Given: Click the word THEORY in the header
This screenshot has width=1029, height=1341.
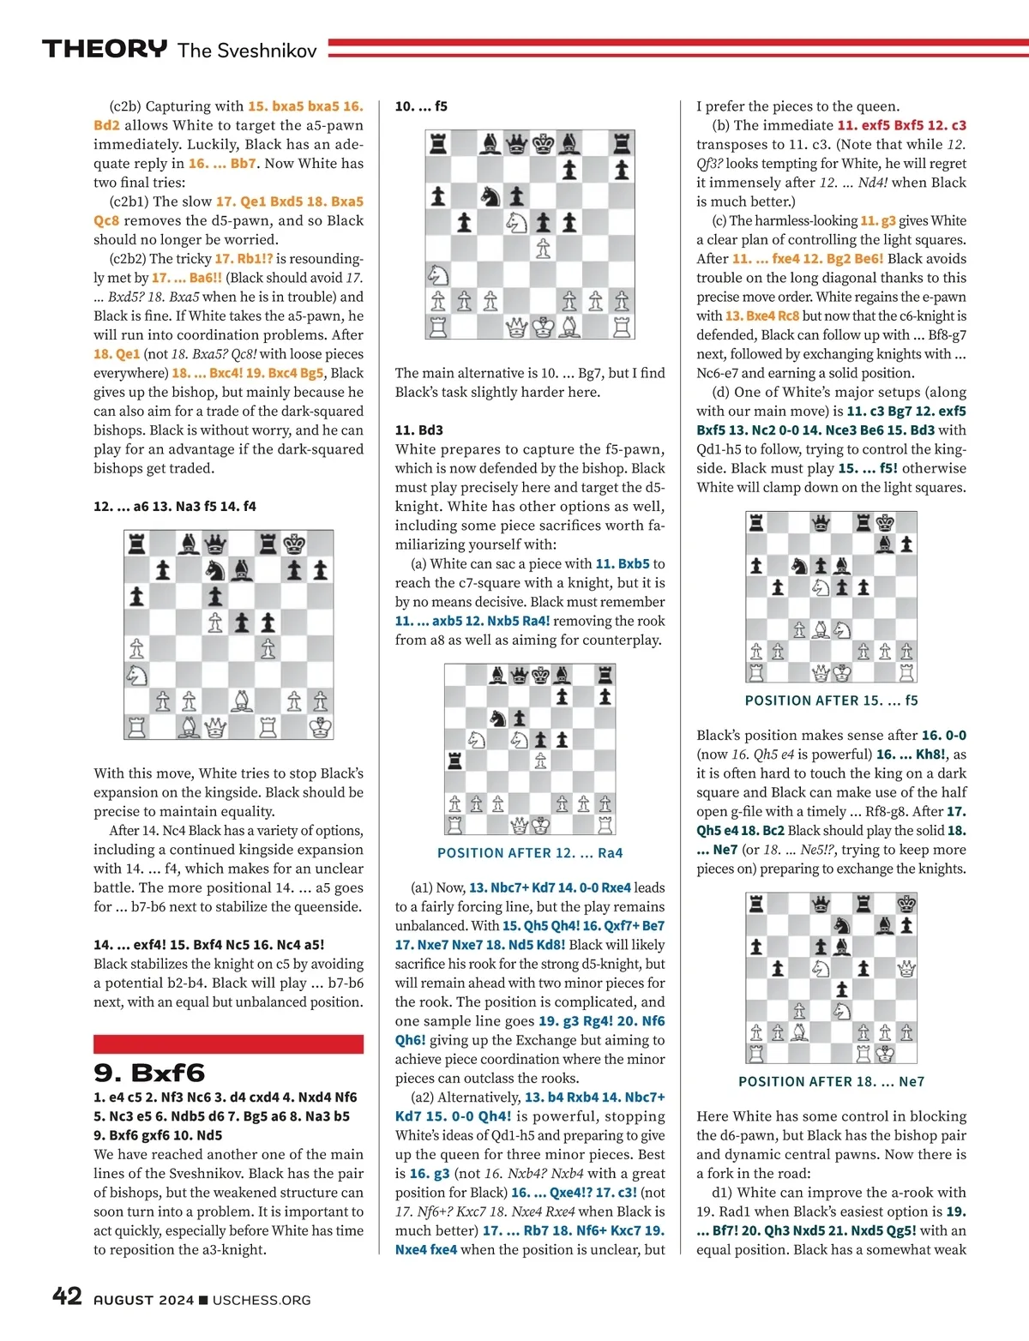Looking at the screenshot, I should (x=105, y=49).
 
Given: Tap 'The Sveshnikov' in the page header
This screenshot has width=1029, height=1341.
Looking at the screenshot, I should (x=247, y=51).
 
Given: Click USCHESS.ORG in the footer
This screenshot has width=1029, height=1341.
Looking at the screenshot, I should (x=262, y=1300).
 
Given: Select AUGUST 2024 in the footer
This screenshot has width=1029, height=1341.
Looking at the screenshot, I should (x=143, y=1300).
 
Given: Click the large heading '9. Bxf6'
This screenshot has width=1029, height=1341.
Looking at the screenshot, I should (x=149, y=1072).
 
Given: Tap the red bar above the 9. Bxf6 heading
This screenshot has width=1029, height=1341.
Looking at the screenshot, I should (x=228, y=1043).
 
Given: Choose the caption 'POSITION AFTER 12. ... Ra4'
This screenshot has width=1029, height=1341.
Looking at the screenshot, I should (x=530, y=853).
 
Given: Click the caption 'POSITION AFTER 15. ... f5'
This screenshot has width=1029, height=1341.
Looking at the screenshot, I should (x=831, y=701).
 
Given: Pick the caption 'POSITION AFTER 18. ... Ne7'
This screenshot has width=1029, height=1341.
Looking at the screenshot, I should (x=831, y=1082).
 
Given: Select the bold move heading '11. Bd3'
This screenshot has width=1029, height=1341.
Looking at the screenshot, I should (x=419, y=430).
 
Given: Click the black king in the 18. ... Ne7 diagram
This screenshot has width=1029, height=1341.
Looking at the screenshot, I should (x=906, y=904).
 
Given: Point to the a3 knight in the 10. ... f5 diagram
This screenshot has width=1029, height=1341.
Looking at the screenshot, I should (x=438, y=274).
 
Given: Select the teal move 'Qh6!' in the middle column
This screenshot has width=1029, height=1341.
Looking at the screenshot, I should (x=410, y=1040).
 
